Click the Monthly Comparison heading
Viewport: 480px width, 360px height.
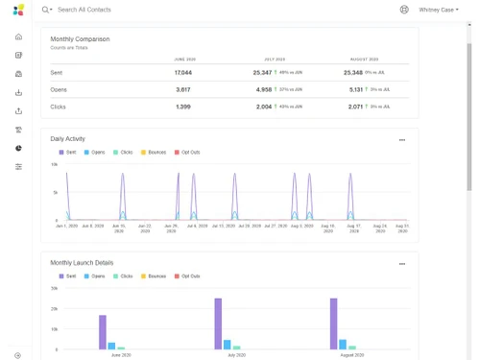(80, 39)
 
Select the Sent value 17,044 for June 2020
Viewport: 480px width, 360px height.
(182, 72)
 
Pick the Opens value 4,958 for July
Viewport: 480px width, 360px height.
(264, 89)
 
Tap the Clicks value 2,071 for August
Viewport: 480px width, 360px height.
(355, 107)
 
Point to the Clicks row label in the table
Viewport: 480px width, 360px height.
(58, 107)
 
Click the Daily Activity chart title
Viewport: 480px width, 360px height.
(68, 139)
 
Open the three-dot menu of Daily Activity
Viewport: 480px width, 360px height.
(402, 140)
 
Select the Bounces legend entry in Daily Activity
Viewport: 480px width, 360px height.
(154, 152)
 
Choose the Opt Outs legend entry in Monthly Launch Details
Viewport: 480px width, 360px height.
(187, 276)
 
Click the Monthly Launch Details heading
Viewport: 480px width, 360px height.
(82, 262)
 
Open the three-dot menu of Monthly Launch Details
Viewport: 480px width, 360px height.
(402, 263)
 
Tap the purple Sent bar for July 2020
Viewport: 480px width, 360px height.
(218, 324)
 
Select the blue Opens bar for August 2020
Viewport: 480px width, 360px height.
(343, 344)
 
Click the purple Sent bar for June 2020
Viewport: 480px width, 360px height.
(103, 332)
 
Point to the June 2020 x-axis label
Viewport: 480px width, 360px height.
(122, 355)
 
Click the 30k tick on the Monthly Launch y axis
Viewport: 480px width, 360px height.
(54, 288)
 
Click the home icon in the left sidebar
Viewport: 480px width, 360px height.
(18, 36)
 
